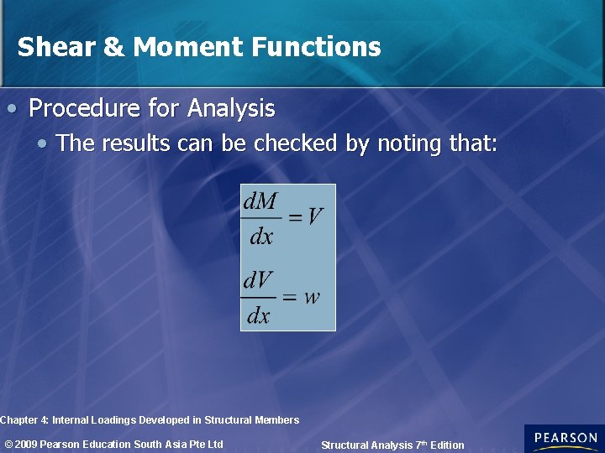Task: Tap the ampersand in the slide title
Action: pyautogui.click(x=113, y=47)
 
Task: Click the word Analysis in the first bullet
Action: pyautogui.click(x=231, y=109)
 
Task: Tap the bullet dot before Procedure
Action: pyautogui.click(x=12, y=109)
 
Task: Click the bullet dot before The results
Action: pyautogui.click(x=42, y=144)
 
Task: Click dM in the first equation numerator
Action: pyautogui.click(x=261, y=202)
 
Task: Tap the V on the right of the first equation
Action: pyautogui.click(x=314, y=217)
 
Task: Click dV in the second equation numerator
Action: pyautogui.click(x=259, y=280)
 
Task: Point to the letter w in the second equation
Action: pyautogui.click(x=312, y=297)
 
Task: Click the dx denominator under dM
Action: pyautogui.click(x=261, y=237)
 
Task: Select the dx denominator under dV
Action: pyautogui.click(x=259, y=315)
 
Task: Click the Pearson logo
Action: pyautogui.click(x=564, y=439)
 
